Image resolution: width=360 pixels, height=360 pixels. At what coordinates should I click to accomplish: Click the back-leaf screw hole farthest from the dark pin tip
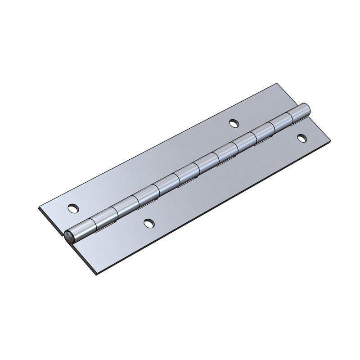click(x=233, y=122)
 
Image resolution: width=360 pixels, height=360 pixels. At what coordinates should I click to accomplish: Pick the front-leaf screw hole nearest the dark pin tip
click(x=148, y=222)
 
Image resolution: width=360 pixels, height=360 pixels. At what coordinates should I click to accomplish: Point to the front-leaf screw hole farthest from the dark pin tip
click(x=301, y=138)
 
